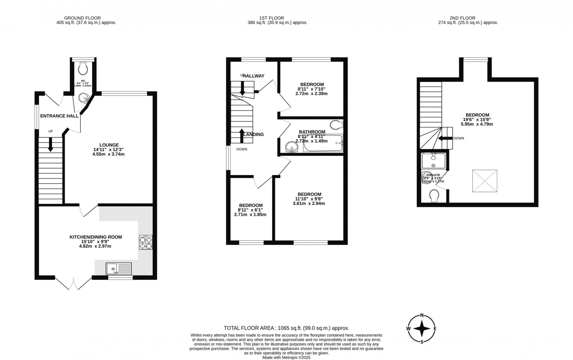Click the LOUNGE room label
tap(109, 145)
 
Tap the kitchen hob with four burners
tap(145, 242)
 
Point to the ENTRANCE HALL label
tap(59, 116)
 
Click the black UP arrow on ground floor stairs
tap(50, 145)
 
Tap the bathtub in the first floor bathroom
tap(323, 143)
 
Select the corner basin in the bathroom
tap(292, 146)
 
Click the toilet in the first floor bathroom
tap(336, 125)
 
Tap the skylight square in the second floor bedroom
tap(485, 181)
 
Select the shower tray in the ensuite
tap(433, 161)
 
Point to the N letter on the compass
tap(422, 315)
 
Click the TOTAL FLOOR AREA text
tap(286, 328)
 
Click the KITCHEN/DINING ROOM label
tap(96, 237)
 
